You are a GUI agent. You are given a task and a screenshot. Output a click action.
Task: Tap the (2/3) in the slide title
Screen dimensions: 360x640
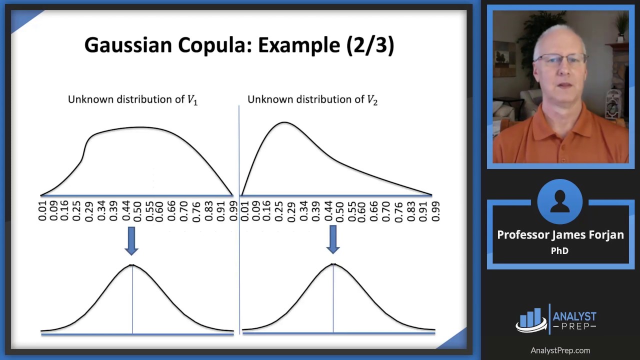[x=370, y=45]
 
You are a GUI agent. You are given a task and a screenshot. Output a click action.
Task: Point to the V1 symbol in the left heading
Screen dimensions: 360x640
[x=192, y=99]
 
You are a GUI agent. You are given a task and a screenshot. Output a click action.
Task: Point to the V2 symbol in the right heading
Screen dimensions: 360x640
[x=372, y=99]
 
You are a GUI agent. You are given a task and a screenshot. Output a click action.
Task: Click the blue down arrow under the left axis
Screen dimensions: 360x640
[x=131, y=240]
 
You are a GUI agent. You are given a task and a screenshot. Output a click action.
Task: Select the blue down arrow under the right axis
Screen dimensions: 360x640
[x=333, y=239]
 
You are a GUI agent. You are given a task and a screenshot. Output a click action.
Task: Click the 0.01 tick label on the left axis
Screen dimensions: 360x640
[x=43, y=211]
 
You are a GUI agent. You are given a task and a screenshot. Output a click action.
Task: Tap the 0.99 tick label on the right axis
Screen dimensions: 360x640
[x=435, y=211]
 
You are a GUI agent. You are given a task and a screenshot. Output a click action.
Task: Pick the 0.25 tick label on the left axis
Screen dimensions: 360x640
[x=76, y=211]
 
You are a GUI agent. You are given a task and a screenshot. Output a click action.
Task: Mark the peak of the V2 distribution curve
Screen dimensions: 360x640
[x=284, y=122]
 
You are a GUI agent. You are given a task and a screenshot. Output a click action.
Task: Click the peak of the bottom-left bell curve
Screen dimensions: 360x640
[x=132, y=265]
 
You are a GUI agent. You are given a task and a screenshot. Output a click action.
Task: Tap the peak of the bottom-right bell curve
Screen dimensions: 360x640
[x=333, y=264]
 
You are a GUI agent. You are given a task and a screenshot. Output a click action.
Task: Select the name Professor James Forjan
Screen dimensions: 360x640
[x=560, y=235]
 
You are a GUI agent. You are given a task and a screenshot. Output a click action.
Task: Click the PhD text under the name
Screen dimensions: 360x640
[x=559, y=251]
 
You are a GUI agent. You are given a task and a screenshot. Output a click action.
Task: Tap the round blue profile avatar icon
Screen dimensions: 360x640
[x=559, y=201]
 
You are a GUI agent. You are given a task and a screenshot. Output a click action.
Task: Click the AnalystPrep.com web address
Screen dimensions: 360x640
[x=560, y=350]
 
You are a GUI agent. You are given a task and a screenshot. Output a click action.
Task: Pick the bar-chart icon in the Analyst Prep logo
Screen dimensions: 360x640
[x=531, y=319]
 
